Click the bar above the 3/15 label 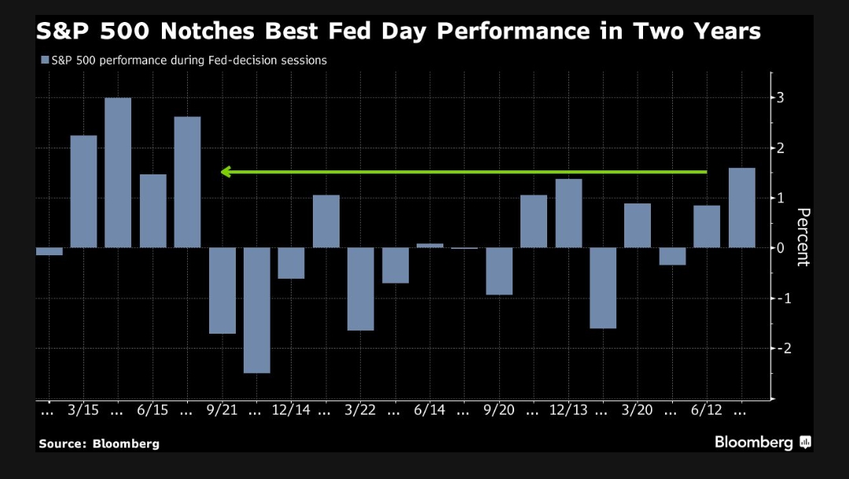point(84,192)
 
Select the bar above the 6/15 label point(153,211)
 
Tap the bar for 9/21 point(222,291)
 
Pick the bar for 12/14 point(291,263)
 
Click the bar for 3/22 point(361,289)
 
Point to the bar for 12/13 point(568,214)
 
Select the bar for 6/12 point(707,227)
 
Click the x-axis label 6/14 point(429,410)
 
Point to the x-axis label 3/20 point(638,410)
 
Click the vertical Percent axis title point(803,237)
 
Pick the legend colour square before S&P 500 point(44,60)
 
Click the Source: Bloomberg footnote point(98,444)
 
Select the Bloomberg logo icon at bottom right point(804,443)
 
